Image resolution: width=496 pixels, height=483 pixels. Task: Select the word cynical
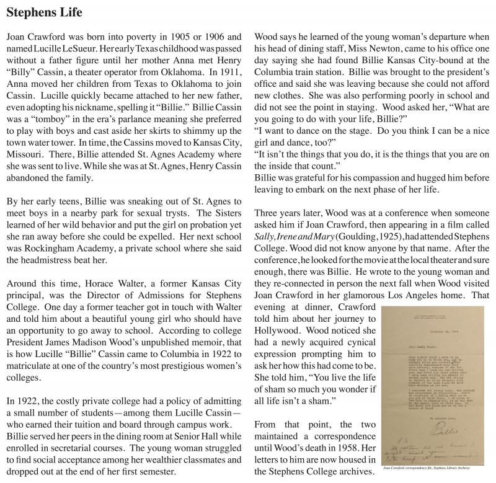(356, 348)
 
